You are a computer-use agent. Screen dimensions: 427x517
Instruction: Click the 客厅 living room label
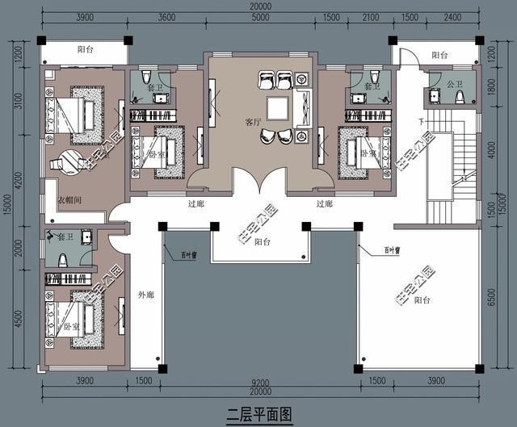coord(253,123)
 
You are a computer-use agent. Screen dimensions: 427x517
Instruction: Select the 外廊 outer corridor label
coord(145,294)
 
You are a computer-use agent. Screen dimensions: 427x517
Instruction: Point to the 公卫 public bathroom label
coord(455,83)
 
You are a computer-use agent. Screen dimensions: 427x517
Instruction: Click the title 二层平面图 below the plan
coord(258,414)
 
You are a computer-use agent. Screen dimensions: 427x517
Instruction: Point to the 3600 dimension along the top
coord(167,18)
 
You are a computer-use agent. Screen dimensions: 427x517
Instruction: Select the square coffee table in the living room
coord(279,107)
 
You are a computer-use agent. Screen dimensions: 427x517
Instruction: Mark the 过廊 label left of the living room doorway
coord(195,204)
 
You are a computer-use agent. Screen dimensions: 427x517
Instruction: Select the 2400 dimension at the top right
coord(454,18)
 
